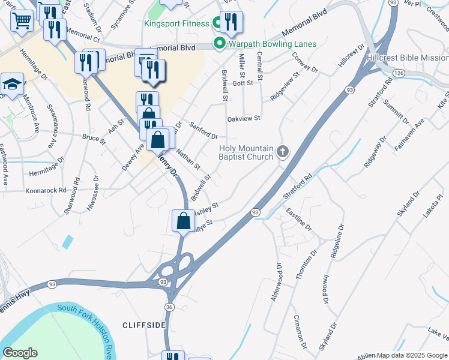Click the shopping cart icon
(22, 21)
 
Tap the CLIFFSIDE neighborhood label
(143, 325)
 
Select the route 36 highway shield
(170, 307)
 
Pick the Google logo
(20, 353)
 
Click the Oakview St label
(244, 119)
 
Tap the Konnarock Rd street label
(46, 190)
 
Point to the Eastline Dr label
(299, 219)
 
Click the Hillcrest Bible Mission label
(406, 58)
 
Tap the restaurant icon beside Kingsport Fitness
(231, 22)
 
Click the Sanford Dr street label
(203, 130)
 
